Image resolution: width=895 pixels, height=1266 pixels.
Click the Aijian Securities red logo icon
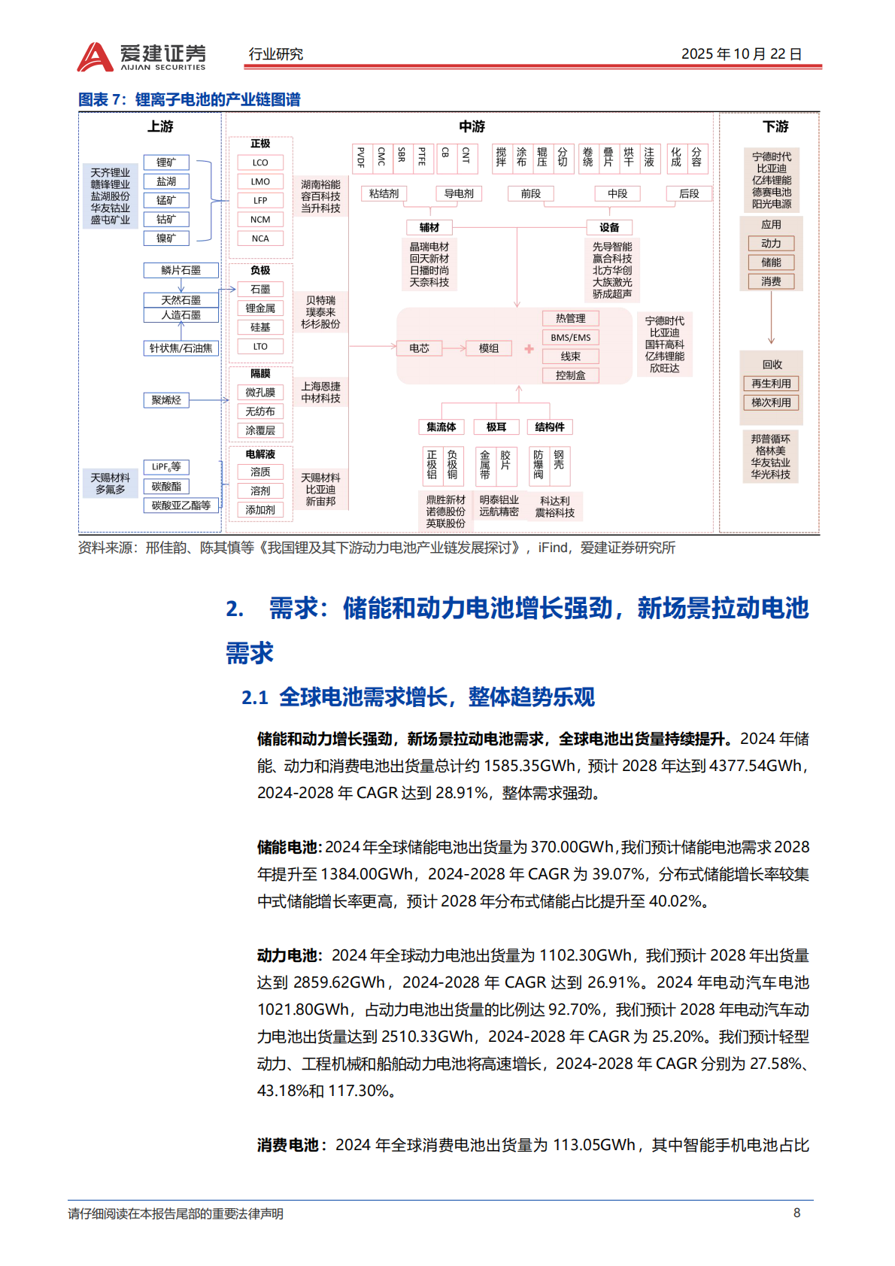[95, 57]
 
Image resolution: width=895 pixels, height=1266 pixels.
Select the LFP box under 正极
[260, 201]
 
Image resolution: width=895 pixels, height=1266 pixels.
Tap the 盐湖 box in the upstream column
[166, 181]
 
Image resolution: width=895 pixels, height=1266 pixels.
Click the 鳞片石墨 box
[181, 270]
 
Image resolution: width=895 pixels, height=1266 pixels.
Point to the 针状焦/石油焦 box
[181, 348]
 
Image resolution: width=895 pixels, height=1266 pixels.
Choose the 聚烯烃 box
[166, 400]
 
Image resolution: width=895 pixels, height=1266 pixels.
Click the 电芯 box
[419, 348]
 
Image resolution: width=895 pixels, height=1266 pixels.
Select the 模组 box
[489, 348]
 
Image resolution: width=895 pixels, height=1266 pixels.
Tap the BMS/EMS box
[570, 338]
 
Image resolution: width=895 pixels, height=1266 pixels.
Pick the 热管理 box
[570, 318]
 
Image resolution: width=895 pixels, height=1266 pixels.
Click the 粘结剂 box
[384, 193]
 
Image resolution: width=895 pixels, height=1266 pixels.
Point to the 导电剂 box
[459, 193]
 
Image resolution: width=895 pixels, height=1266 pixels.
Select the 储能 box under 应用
[771, 263]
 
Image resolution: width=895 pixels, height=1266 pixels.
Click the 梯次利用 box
[771, 402]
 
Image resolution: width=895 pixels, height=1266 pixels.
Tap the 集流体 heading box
[441, 427]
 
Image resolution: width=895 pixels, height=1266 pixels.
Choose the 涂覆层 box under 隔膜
[260, 430]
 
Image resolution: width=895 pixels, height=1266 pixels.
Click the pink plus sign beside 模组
[529, 348]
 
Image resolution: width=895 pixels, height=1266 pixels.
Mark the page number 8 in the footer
[796, 1213]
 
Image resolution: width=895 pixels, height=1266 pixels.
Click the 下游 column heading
[775, 126]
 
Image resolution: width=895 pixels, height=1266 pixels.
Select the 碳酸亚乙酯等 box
[181, 505]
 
